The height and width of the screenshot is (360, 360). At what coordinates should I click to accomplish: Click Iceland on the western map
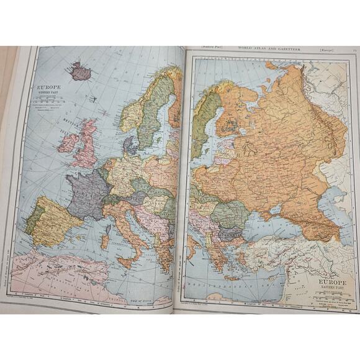coord(80,71)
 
